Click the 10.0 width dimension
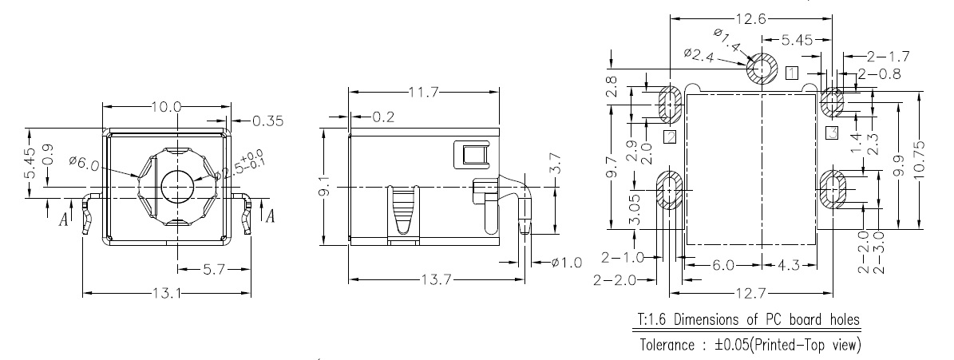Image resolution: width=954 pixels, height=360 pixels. [x=167, y=106]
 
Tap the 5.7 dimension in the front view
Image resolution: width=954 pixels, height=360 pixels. [x=213, y=269]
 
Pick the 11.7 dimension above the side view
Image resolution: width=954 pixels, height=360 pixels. [x=424, y=93]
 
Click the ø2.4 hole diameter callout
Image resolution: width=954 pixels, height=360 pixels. [x=700, y=53]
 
